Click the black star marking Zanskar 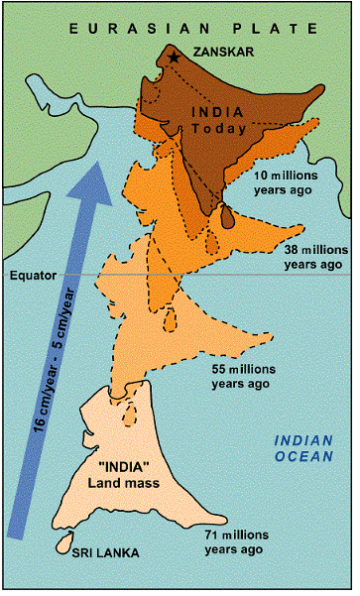tap(175, 58)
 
